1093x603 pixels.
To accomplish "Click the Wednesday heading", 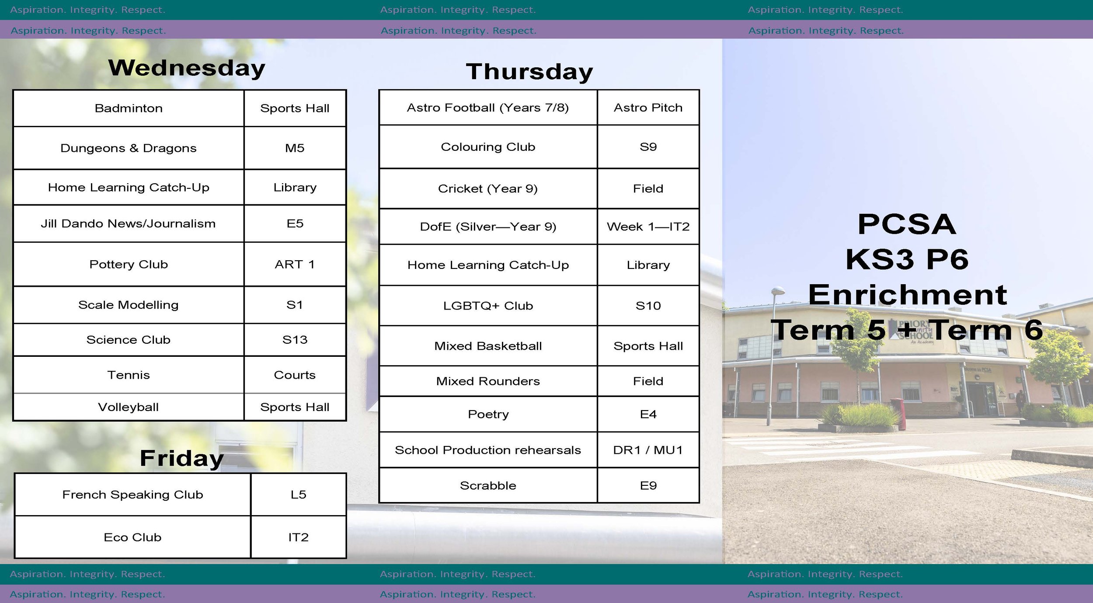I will pyautogui.click(x=187, y=68).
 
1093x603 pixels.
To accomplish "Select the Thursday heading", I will pyautogui.click(x=529, y=72).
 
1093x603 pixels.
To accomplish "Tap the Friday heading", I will pyautogui.click(x=181, y=458).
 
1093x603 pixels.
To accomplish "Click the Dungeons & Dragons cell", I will pyautogui.click(x=129, y=148).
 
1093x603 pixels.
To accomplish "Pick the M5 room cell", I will pyautogui.click(x=295, y=148).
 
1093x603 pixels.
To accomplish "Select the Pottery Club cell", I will pyautogui.click(x=129, y=265).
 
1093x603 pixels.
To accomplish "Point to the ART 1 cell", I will pyautogui.click(x=295, y=265).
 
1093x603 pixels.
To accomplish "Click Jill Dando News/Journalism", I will pyautogui.click(x=129, y=224).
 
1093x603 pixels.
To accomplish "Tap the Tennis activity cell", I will pyautogui.click(x=129, y=375).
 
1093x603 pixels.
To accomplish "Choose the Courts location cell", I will pyautogui.click(x=295, y=375).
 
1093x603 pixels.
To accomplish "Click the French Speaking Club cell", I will pyautogui.click(x=132, y=495).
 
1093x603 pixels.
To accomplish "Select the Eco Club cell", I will pyautogui.click(x=132, y=537).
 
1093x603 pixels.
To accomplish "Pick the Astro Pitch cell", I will pyautogui.click(x=648, y=108).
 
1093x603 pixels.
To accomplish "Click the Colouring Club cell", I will pyautogui.click(x=488, y=147).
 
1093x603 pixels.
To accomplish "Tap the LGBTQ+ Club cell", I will pyautogui.click(x=488, y=306).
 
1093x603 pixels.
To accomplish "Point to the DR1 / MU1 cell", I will pyautogui.click(x=648, y=450).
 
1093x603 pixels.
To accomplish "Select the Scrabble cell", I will pyautogui.click(x=488, y=486).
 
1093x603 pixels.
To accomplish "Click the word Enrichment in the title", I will pyautogui.click(x=908, y=295).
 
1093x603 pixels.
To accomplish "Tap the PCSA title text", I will pyautogui.click(x=907, y=224).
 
